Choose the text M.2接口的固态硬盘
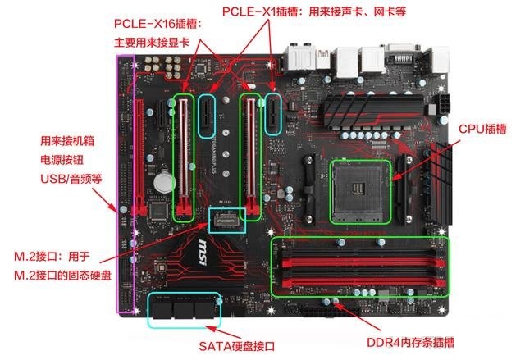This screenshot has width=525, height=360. click(x=66, y=271)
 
